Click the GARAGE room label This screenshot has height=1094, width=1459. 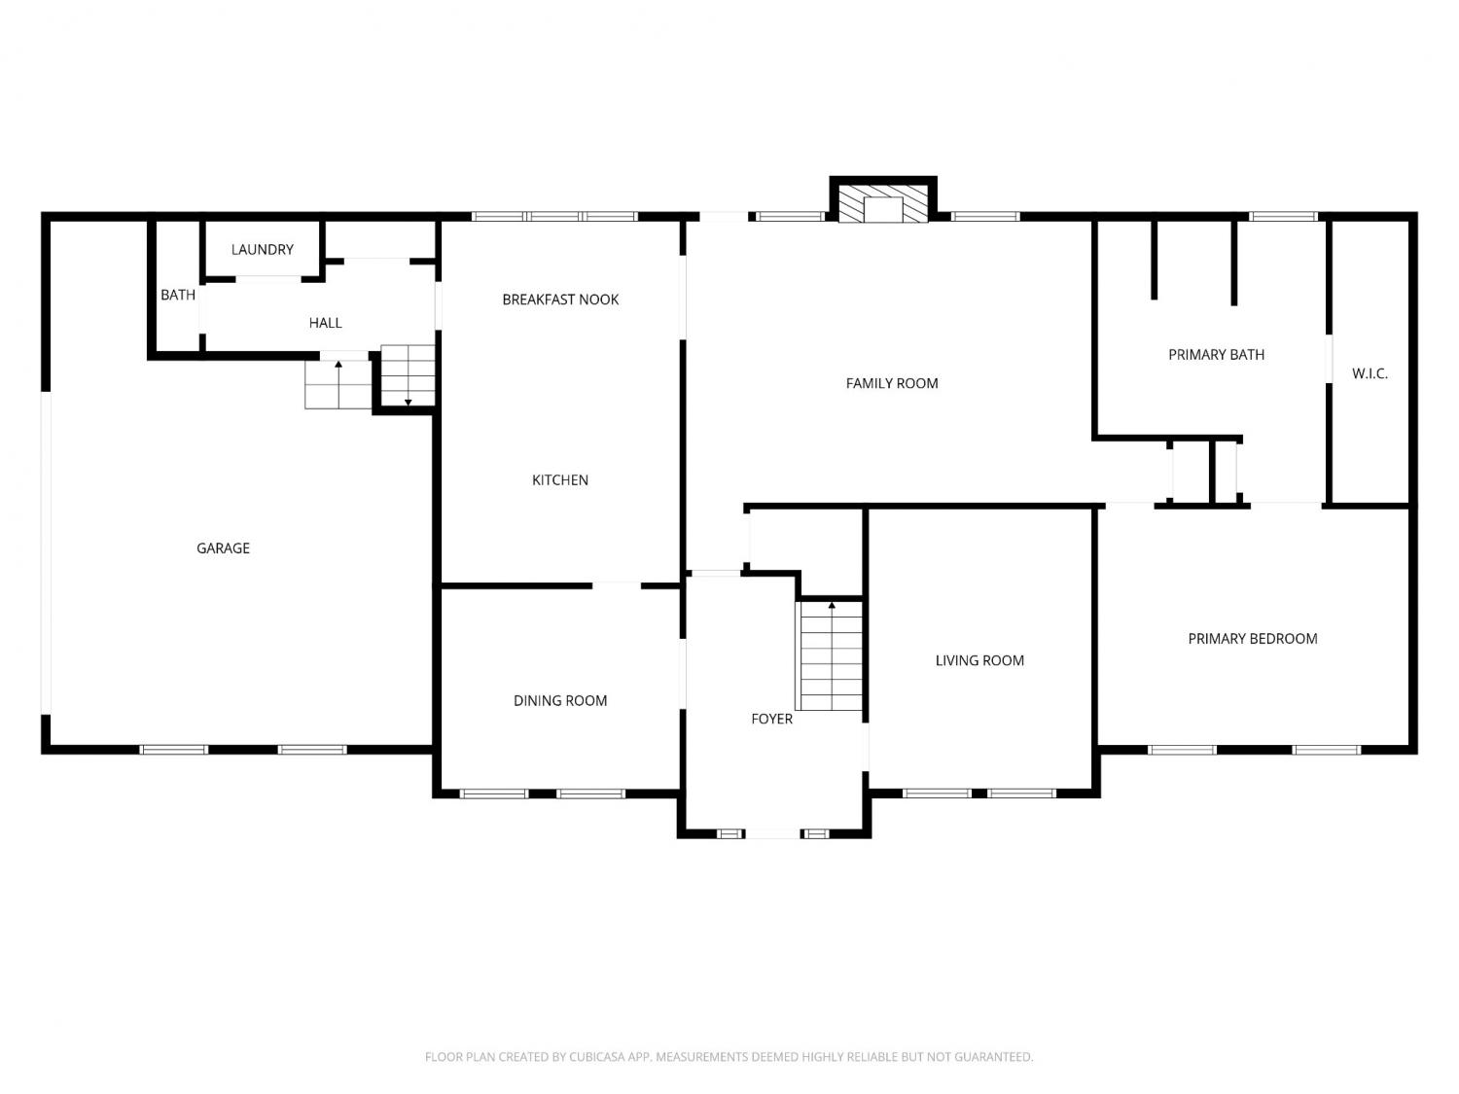click(x=223, y=548)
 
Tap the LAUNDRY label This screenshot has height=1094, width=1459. click(x=262, y=249)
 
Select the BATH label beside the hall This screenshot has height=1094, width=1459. click(x=177, y=295)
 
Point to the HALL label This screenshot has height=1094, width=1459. click(x=325, y=323)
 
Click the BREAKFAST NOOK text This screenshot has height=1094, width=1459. click(x=560, y=300)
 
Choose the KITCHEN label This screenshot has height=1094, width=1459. click(x=559, y=479)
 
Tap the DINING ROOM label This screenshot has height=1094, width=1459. click(x=559, y=700)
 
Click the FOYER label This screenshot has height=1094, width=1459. click(x=771, y=719)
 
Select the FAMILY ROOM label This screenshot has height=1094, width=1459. click(x=891, y=383)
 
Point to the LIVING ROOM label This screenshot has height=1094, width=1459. click(x=979, y=660)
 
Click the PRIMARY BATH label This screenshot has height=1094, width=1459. click(x=1216, y=355)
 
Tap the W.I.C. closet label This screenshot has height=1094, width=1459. click(x=1370, y=373)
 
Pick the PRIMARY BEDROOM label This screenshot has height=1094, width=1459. click(x=1252, y=638)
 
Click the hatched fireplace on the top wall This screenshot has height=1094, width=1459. click(x=883, y=203)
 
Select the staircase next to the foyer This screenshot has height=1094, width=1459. click(x=831, y=655)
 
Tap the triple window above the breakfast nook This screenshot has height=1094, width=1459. click(x=554, y=216)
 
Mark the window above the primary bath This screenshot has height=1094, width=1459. click(x=1283, y=216)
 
